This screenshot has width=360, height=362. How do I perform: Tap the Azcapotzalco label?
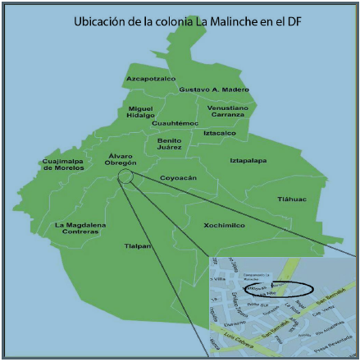150,79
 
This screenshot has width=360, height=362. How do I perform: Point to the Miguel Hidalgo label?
140,112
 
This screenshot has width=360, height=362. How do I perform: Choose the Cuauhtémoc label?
175,123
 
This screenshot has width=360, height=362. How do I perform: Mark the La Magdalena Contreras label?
76,227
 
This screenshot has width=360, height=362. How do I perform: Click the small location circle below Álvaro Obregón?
125,176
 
